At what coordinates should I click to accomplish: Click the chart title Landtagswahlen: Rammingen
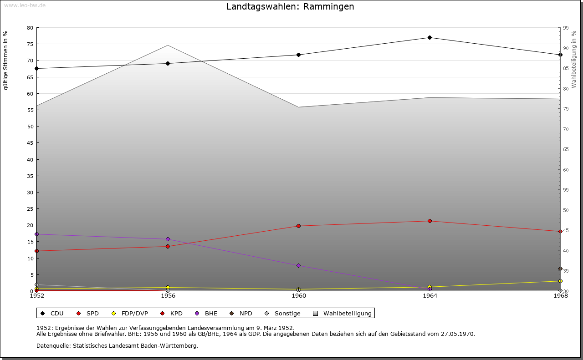pyautogui.click(x=290, y=7)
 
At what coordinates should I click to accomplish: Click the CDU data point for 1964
pyautogui.click(x=430, y=37)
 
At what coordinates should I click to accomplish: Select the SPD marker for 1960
pyautogui.click(x=299, y=226)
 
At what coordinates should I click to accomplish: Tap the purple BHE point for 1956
pyautogui.click(x=168, y=239)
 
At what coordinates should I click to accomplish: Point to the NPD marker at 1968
pyautogui.click(x=560, y=269)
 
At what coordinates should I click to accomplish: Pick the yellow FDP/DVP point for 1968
pyautogui.click(x=560, y=281)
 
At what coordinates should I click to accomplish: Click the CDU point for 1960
pyautogui.click(x=299, y=55)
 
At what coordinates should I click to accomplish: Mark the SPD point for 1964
pyautogui.click(x=430, y=221)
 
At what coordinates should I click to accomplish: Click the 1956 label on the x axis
pyautogui.click(x=168, y=296)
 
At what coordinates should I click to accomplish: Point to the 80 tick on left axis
pyautogui.click(x=30, y=28)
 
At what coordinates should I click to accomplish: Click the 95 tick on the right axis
pyautogui.click(x=566, y=28)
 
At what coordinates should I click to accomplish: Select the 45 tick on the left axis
pyautogui.click(x=30, y=143)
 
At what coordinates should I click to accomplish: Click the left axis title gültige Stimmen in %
pyautogui.click(x=6, y=60)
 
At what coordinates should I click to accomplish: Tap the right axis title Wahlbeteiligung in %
pyautogui.click(x=574, y=59)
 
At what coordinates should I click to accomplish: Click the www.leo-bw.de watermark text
pyautogui.click(x=25, y=5)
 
